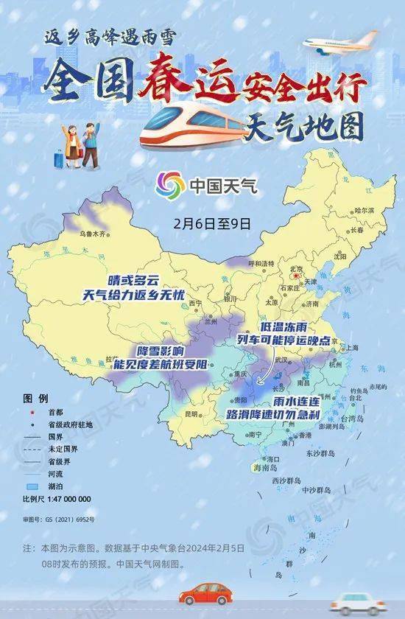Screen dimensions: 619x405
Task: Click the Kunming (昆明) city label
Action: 191,414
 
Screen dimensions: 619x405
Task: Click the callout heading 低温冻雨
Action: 284,327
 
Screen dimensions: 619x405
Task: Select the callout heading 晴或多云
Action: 133,281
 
